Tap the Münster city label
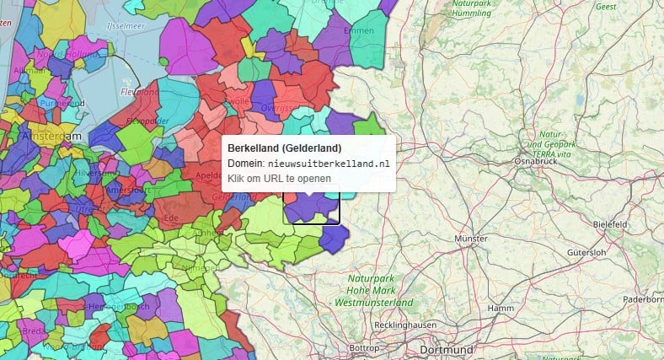tap(471, 239)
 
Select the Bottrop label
tap(364, 348)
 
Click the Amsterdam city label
tap(53, 137)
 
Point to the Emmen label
tap(360, 31)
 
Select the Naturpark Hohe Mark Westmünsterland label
tap(373, 290)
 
